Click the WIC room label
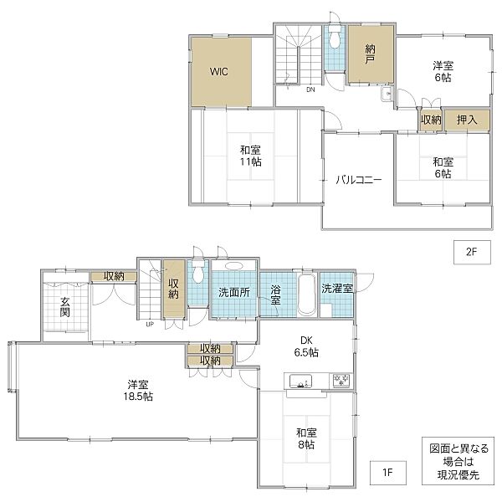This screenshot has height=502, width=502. coord(219,71)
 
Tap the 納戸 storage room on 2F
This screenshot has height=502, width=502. coord(371,54)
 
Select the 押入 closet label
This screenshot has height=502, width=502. coord(467,120)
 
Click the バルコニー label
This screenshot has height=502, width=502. coord(359,180)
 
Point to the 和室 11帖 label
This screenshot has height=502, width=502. coord(251,156)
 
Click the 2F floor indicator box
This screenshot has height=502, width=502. coord(472,253)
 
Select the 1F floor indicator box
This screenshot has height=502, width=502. coord(388,473)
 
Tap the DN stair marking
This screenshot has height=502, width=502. coord(310,90)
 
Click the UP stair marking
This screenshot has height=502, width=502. coord(150,325)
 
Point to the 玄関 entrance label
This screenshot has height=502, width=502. coord(65,307)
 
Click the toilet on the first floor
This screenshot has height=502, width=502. coord(198,271)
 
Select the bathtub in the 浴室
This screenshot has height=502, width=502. coord(307,295)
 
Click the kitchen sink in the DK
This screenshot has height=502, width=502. coord(300,382)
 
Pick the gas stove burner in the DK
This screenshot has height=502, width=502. coord(341,381)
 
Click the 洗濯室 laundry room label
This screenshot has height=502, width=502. coord(337,289)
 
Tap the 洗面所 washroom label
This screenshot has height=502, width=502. coord(234,292)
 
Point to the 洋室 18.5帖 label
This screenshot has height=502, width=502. coord(138,390)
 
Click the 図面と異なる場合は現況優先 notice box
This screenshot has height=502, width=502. coord(458,461)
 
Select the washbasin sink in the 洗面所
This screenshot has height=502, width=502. coord(234,266)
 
